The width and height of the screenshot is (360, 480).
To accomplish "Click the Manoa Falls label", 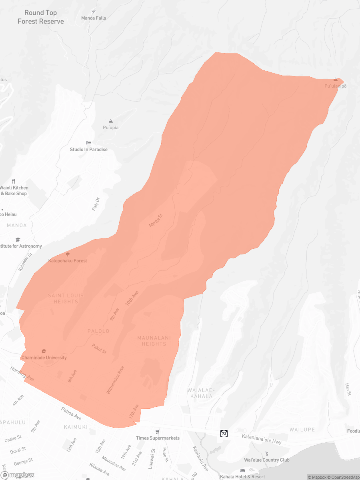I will pos(94,18).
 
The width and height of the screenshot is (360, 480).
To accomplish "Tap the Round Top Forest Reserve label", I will pos(40,17).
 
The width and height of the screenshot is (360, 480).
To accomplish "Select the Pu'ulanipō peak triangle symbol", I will pos(336,80).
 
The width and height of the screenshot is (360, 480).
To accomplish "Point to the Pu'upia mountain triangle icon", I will pos(111,121).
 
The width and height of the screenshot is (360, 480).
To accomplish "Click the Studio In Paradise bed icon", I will pos(89,143).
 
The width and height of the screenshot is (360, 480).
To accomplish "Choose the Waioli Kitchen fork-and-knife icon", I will pos(14,181).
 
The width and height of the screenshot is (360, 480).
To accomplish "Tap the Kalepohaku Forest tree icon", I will pos(68,254).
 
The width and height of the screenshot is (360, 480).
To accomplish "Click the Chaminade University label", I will pos(44,358).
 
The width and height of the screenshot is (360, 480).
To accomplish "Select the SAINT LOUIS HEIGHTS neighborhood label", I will pos(66,298).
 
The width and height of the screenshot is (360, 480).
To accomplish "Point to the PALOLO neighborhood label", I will pos(98,331).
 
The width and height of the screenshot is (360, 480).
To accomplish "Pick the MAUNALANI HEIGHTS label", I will pos(154,341).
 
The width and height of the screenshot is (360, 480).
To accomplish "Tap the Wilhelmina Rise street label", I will pos(115,380).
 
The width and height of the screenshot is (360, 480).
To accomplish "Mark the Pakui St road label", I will pos(99,349).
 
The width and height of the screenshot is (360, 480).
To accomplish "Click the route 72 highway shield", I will pos(224,434).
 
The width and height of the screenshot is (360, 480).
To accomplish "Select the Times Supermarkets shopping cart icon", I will pos(158,432).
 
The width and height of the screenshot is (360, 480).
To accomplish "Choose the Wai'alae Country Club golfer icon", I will pos(267,454).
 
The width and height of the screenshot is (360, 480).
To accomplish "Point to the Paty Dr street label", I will pos(95,203).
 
